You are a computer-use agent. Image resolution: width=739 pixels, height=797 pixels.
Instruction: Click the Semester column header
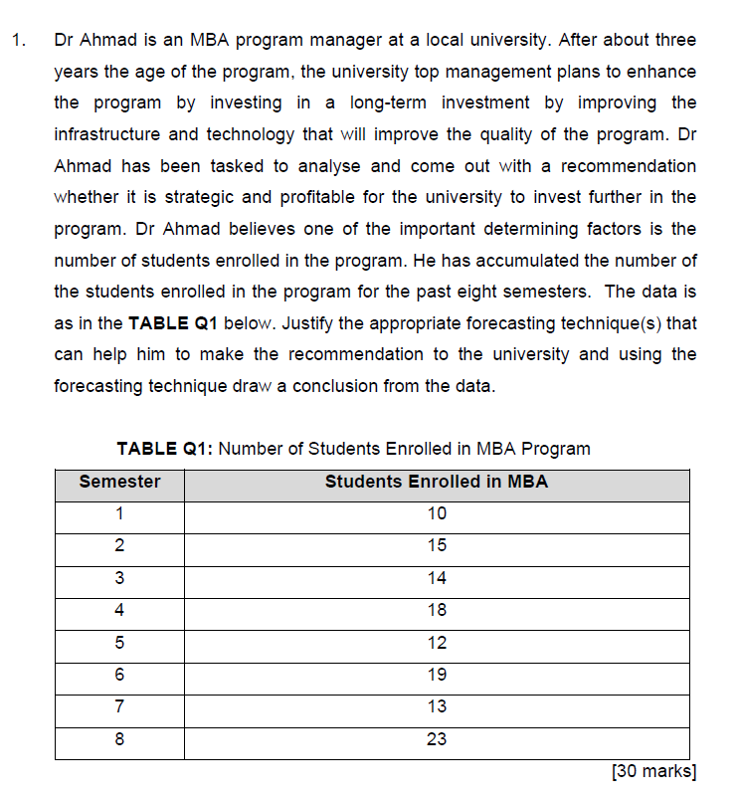pyautogui.click(x=119, y=482)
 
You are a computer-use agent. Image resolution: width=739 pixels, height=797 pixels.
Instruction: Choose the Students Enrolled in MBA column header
pyautogui.click(x=436, y=482)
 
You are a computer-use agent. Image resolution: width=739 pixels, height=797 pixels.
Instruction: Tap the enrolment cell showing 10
pyautogui.click(x=436, y=514)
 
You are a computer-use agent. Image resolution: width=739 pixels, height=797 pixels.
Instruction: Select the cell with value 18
pyautogui.click(x=436, y=610)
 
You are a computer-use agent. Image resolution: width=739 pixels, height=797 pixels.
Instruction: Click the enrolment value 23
pyautogui.click(x=436, y=738)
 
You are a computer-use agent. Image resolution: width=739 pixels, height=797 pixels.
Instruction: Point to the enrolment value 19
pyautogui.click(x=436, y=675)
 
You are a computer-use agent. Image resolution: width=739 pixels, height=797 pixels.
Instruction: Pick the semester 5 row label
pyautogui.click(x=119, y=643)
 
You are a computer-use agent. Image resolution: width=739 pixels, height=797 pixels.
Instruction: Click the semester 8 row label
pyautogui.click(x=119, y=738)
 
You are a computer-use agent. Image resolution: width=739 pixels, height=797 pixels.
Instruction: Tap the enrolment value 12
pyautogui.click(x=436, y=643)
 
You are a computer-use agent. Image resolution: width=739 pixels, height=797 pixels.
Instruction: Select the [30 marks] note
pyautogui.click(x=653, y=771)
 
